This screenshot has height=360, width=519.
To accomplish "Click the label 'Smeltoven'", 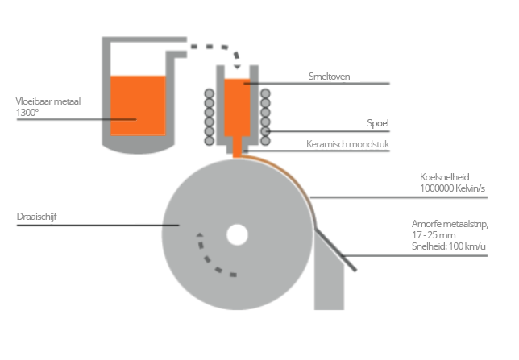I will point(328,77).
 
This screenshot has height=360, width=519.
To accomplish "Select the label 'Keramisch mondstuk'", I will point(347,146).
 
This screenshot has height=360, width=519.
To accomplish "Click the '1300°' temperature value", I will point(27,113).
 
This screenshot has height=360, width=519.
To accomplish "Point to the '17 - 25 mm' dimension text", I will point(433,234).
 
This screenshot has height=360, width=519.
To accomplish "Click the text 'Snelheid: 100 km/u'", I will point(448,246).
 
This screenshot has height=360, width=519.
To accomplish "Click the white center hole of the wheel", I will point(237,234).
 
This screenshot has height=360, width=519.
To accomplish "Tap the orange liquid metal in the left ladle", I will point(137,105).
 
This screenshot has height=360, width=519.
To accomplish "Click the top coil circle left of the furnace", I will point(210,94).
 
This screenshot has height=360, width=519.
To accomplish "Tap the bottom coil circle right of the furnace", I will point(264,142).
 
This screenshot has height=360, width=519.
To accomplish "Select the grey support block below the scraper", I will point(330,282).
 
